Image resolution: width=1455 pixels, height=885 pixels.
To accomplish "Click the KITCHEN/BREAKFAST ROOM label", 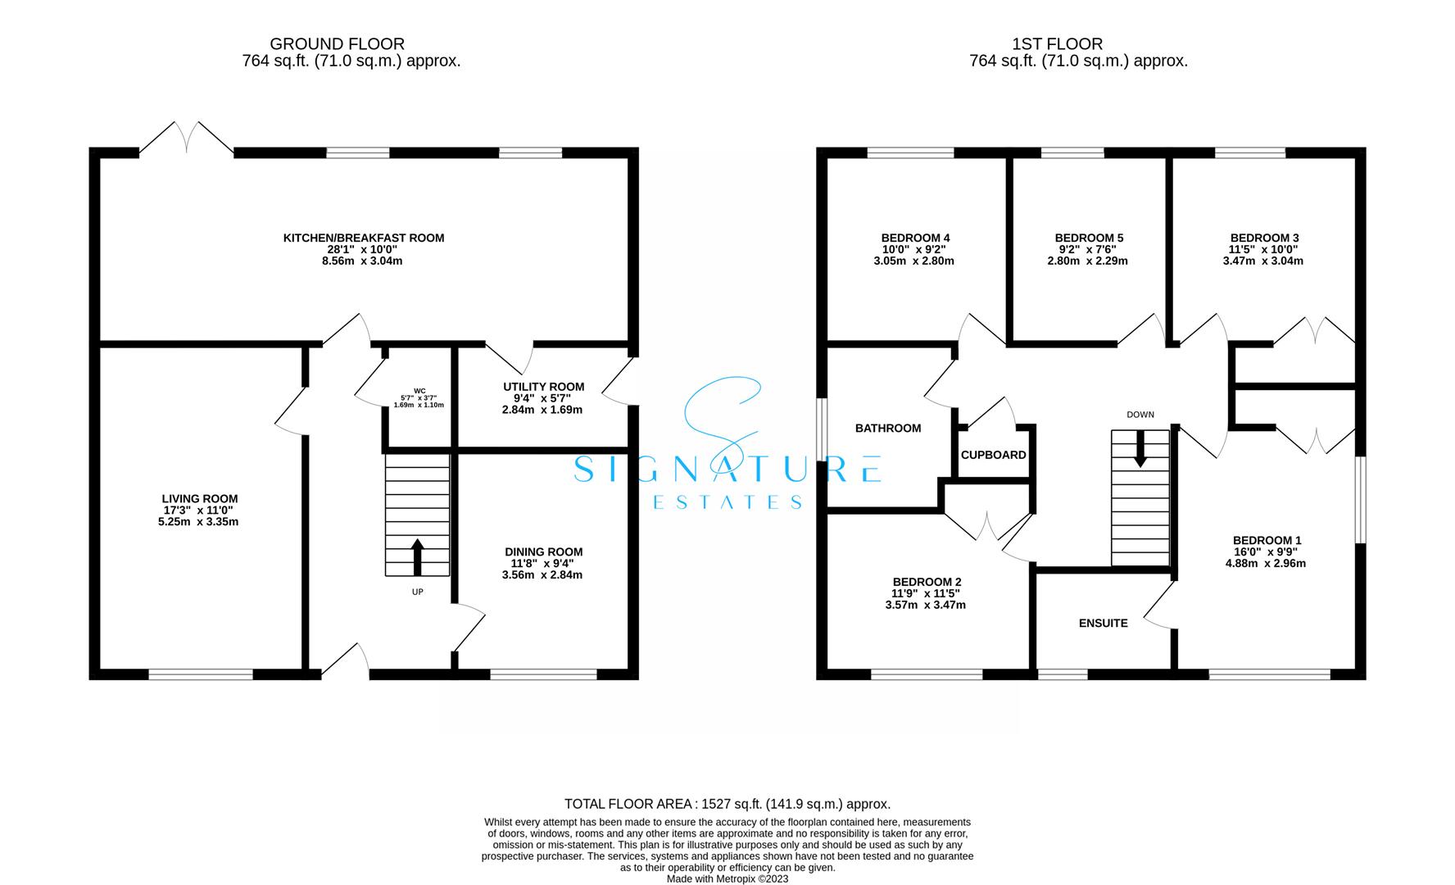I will [364, 238].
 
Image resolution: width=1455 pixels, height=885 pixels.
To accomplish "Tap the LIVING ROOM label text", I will [200, 498].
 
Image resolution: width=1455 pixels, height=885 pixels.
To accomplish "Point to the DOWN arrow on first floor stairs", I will [1140, 451].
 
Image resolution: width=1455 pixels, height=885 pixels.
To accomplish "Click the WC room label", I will [419, 391].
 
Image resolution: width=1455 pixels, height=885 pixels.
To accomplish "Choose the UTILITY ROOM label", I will [543, 387].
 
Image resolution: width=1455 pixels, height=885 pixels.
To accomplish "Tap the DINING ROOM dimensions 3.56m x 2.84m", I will [542, 575].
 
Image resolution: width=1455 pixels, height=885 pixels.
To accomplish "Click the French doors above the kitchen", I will [187, 138].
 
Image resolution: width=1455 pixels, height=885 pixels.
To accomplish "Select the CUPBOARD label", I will [993, 455].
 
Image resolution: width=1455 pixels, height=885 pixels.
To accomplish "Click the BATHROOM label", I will [888, 428].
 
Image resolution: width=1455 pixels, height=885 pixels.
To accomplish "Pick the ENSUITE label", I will [1103, 623].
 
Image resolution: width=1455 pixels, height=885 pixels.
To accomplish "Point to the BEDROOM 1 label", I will [1267, 540].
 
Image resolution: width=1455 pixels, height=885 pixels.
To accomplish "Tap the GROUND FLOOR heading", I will [338, 44].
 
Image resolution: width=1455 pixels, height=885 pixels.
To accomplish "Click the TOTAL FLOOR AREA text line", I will [727, 804].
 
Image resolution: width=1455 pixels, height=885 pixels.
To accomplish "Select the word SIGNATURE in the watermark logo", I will [727, 469].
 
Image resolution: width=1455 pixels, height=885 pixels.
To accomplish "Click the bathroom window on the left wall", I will [822, 430].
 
